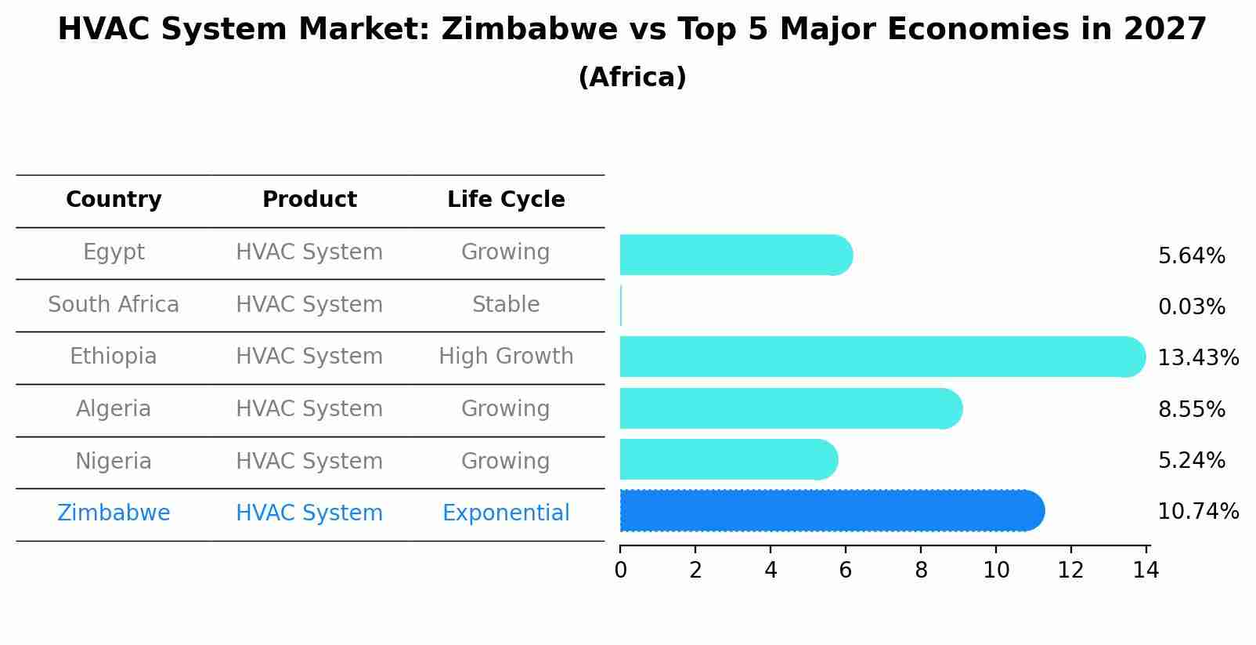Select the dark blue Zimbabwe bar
[830, 511]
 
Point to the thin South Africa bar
[621, 306]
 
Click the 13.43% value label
[1197, 358]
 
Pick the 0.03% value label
[1191, 307]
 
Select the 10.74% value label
[1197, 512]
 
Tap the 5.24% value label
[1191, 461]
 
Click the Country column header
[114, 200]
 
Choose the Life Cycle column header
[506, 200]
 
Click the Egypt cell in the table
[114, 252]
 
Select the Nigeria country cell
[114, 462]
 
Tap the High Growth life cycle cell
[506, 357]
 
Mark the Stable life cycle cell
[506, 305]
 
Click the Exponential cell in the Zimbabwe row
[506, 513]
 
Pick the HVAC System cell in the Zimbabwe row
[309, 513]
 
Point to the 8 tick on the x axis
[921, 571]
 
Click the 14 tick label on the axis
[1146, 571]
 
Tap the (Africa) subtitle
[632, 78]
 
